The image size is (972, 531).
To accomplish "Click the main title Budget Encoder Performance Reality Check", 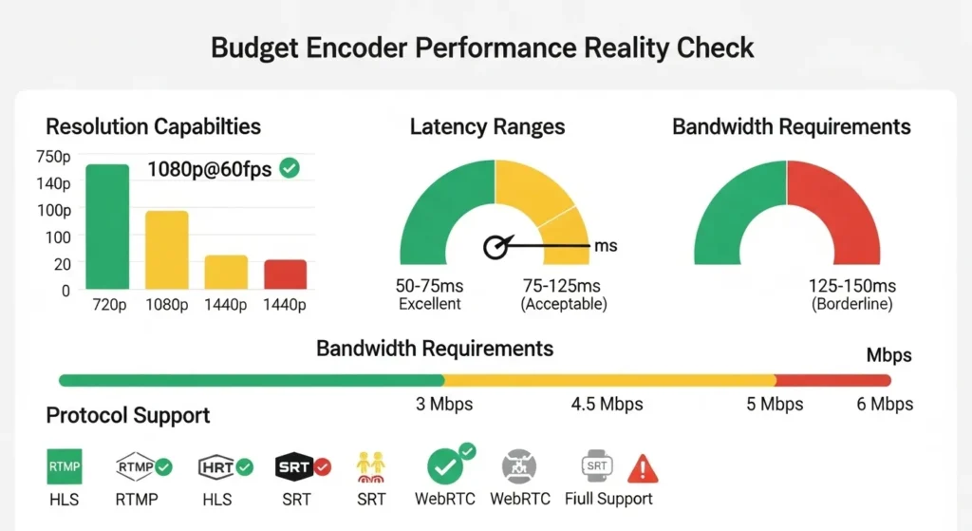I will [485, 48].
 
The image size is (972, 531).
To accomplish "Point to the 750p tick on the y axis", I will [53, 157].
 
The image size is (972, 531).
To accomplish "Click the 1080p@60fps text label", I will [210, 170].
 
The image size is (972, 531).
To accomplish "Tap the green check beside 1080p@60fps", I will [290, 168].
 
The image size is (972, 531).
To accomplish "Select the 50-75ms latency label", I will [428, 286].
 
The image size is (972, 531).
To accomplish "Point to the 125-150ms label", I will [851, 286].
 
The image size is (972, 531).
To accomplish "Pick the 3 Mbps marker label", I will [444, 405].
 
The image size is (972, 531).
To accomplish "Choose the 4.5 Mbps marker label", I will [607, 405].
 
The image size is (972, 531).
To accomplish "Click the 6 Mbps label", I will [885, 405].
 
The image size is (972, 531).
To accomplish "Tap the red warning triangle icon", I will [643, 467].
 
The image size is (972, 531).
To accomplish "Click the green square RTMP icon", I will [65, 466].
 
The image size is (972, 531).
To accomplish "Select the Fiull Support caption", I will [608, 499].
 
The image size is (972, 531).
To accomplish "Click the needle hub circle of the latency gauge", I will [495, 247].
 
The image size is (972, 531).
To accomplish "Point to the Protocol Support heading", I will [128, 416].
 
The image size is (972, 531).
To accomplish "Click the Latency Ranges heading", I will [487, 127].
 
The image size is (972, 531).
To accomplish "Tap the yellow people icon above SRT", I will [369, 465].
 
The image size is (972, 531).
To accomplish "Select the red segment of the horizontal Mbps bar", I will [832, 380].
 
